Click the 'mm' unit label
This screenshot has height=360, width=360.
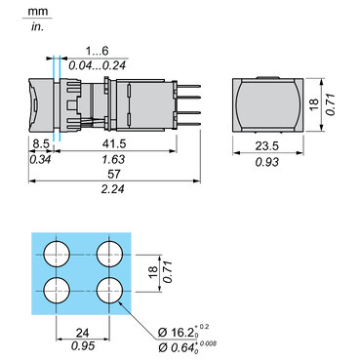(38, 12)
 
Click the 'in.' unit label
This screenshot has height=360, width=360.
(37, 27)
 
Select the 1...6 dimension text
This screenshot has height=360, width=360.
(97, 51)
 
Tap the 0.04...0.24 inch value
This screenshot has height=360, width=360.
(97, 65)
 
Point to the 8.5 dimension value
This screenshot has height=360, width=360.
(41, 143)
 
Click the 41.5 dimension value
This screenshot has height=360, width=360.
(114, 143)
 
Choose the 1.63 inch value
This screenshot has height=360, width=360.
(113, 159)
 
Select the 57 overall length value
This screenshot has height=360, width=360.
(114, 175)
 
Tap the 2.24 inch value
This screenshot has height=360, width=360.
(113, 189)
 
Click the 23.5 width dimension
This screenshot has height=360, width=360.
(266, 146)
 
